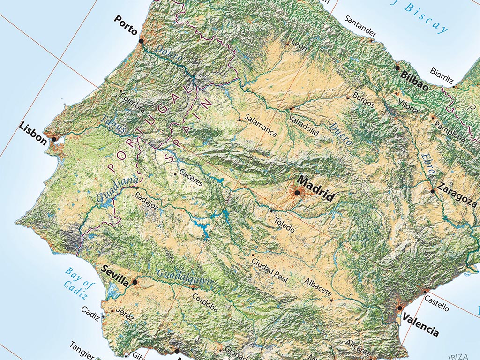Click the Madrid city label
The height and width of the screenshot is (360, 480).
(316, 188)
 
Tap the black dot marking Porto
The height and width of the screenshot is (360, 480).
(141, 41)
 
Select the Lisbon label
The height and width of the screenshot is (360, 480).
(33, 133)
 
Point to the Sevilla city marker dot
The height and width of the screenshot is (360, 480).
(135, 282)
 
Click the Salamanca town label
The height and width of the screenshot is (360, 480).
(261, 126)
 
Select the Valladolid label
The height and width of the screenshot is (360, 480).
(304, 125)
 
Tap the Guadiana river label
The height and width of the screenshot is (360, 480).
(118, 190)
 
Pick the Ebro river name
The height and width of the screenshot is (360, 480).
(428, 165)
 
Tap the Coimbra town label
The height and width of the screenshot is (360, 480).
(132, 101)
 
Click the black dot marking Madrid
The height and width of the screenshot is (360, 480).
(297, 193)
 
